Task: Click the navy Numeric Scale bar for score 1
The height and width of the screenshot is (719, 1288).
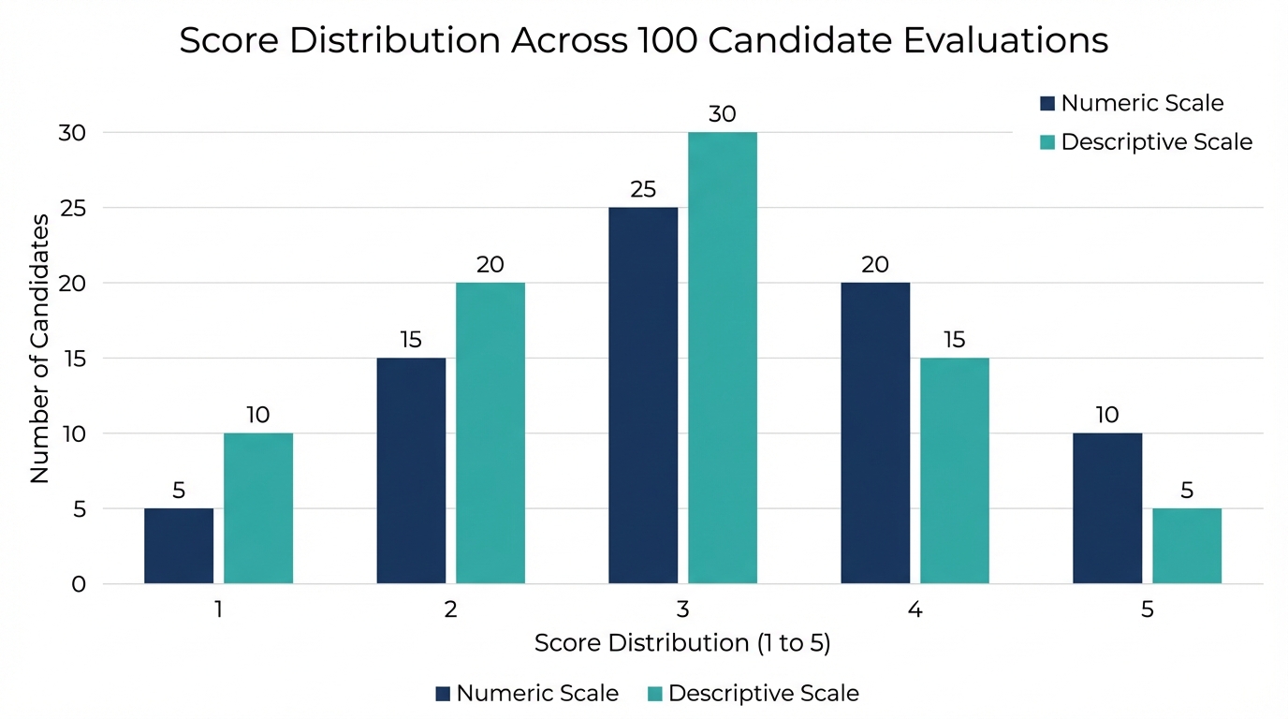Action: (x=179, y=546)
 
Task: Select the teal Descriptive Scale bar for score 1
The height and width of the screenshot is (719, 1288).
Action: (x=258, y=508)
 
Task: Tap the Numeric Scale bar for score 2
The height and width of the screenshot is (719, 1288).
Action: (x=411, y=471)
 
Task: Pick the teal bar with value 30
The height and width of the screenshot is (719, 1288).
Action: (x=723, y=358)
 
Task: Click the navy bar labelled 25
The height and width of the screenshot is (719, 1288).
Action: (x=643, y=395)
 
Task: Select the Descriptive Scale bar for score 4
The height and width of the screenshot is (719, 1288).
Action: (x=955, y=471)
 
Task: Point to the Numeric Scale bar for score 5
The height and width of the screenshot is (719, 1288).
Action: (x=1107, y=508)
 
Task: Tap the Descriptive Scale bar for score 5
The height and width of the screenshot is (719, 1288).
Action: (x=1187, y=546)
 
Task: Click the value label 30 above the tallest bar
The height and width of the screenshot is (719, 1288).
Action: (x=723, y=114)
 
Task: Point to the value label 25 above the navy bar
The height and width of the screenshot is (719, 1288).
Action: (x=643, y=190)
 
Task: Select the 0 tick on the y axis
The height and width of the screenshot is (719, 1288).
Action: (x=79, y=584)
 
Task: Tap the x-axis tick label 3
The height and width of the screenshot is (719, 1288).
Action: (x=683, y=610)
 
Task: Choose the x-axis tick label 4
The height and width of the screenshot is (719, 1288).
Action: (x=915, y=610)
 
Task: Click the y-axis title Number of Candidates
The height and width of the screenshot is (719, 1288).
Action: (x=39, y=348)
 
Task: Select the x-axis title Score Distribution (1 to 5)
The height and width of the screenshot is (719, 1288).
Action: (x=682, y=643)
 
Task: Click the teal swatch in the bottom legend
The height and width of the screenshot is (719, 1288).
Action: (x=654, y=694)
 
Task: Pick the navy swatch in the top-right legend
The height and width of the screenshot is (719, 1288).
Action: (x=1046, y=103)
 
